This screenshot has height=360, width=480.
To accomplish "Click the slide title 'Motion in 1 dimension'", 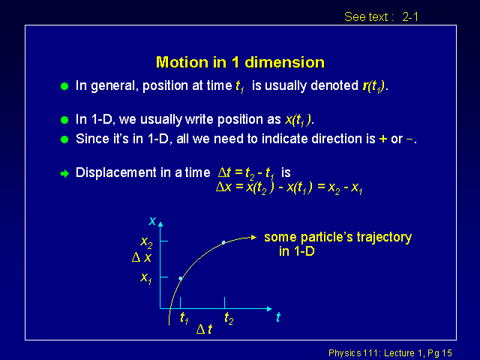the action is [240, 62].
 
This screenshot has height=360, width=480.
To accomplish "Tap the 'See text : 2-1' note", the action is [381, 16].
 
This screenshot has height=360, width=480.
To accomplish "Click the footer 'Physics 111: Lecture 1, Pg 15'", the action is [390, 353].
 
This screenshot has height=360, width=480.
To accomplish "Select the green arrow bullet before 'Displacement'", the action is [64, 173].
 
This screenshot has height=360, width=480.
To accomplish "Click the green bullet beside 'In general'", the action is [64, 86].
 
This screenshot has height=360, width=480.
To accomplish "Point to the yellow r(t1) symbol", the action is [373, 86].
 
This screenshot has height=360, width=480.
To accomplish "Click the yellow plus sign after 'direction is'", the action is [383, 139].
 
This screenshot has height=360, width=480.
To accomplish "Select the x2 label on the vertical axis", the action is [146, 242].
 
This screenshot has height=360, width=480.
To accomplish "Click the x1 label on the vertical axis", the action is [146, 278].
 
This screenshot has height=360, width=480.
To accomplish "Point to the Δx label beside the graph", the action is [142, 257].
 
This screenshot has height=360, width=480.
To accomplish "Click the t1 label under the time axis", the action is [184, 318].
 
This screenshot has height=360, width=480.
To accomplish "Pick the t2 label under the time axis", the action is [229, 318].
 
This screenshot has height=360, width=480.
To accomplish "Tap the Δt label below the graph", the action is [204, 329].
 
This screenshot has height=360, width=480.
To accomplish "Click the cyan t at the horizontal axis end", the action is [278, 316].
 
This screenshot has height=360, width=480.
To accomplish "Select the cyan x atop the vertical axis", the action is [152, 220].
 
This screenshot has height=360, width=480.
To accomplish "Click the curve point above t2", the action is [223, 242].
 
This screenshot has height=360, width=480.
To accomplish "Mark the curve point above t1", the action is [181, 278].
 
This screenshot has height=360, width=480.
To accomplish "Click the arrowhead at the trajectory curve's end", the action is [253, 237].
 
